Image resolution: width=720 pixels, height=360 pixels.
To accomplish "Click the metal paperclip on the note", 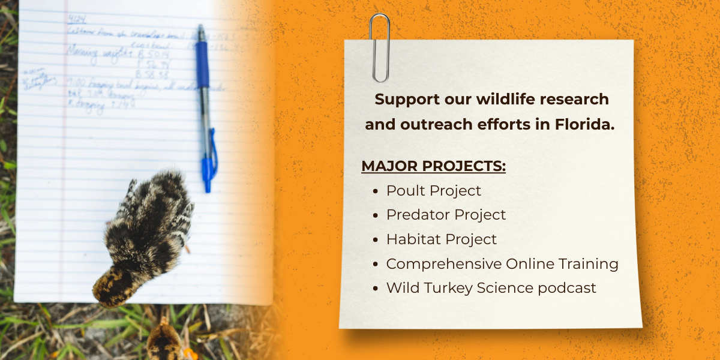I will pyautogui.click(x=379, y=48).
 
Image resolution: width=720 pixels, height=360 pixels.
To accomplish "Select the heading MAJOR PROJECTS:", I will pyautogui.click(x=433, y=166).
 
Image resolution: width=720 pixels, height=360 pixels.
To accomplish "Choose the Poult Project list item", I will pyautogui.click(x=433, y=191).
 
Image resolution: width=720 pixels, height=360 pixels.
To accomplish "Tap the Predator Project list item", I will pyautogui.click(x=446, y=215).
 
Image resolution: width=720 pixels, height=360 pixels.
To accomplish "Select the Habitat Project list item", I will pyautogui.click(x=441, y=239).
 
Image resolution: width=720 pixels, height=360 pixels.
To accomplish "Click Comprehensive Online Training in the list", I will pyautogui.click(x=502, y=264).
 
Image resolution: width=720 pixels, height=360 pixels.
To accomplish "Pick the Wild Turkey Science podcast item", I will pyautogui.click(x=491, y=288).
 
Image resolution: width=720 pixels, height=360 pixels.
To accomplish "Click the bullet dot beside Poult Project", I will pyautogui.click(x=375, y=191).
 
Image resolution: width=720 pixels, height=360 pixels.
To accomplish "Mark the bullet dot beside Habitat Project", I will pyautogui.click(x=375, y=240).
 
